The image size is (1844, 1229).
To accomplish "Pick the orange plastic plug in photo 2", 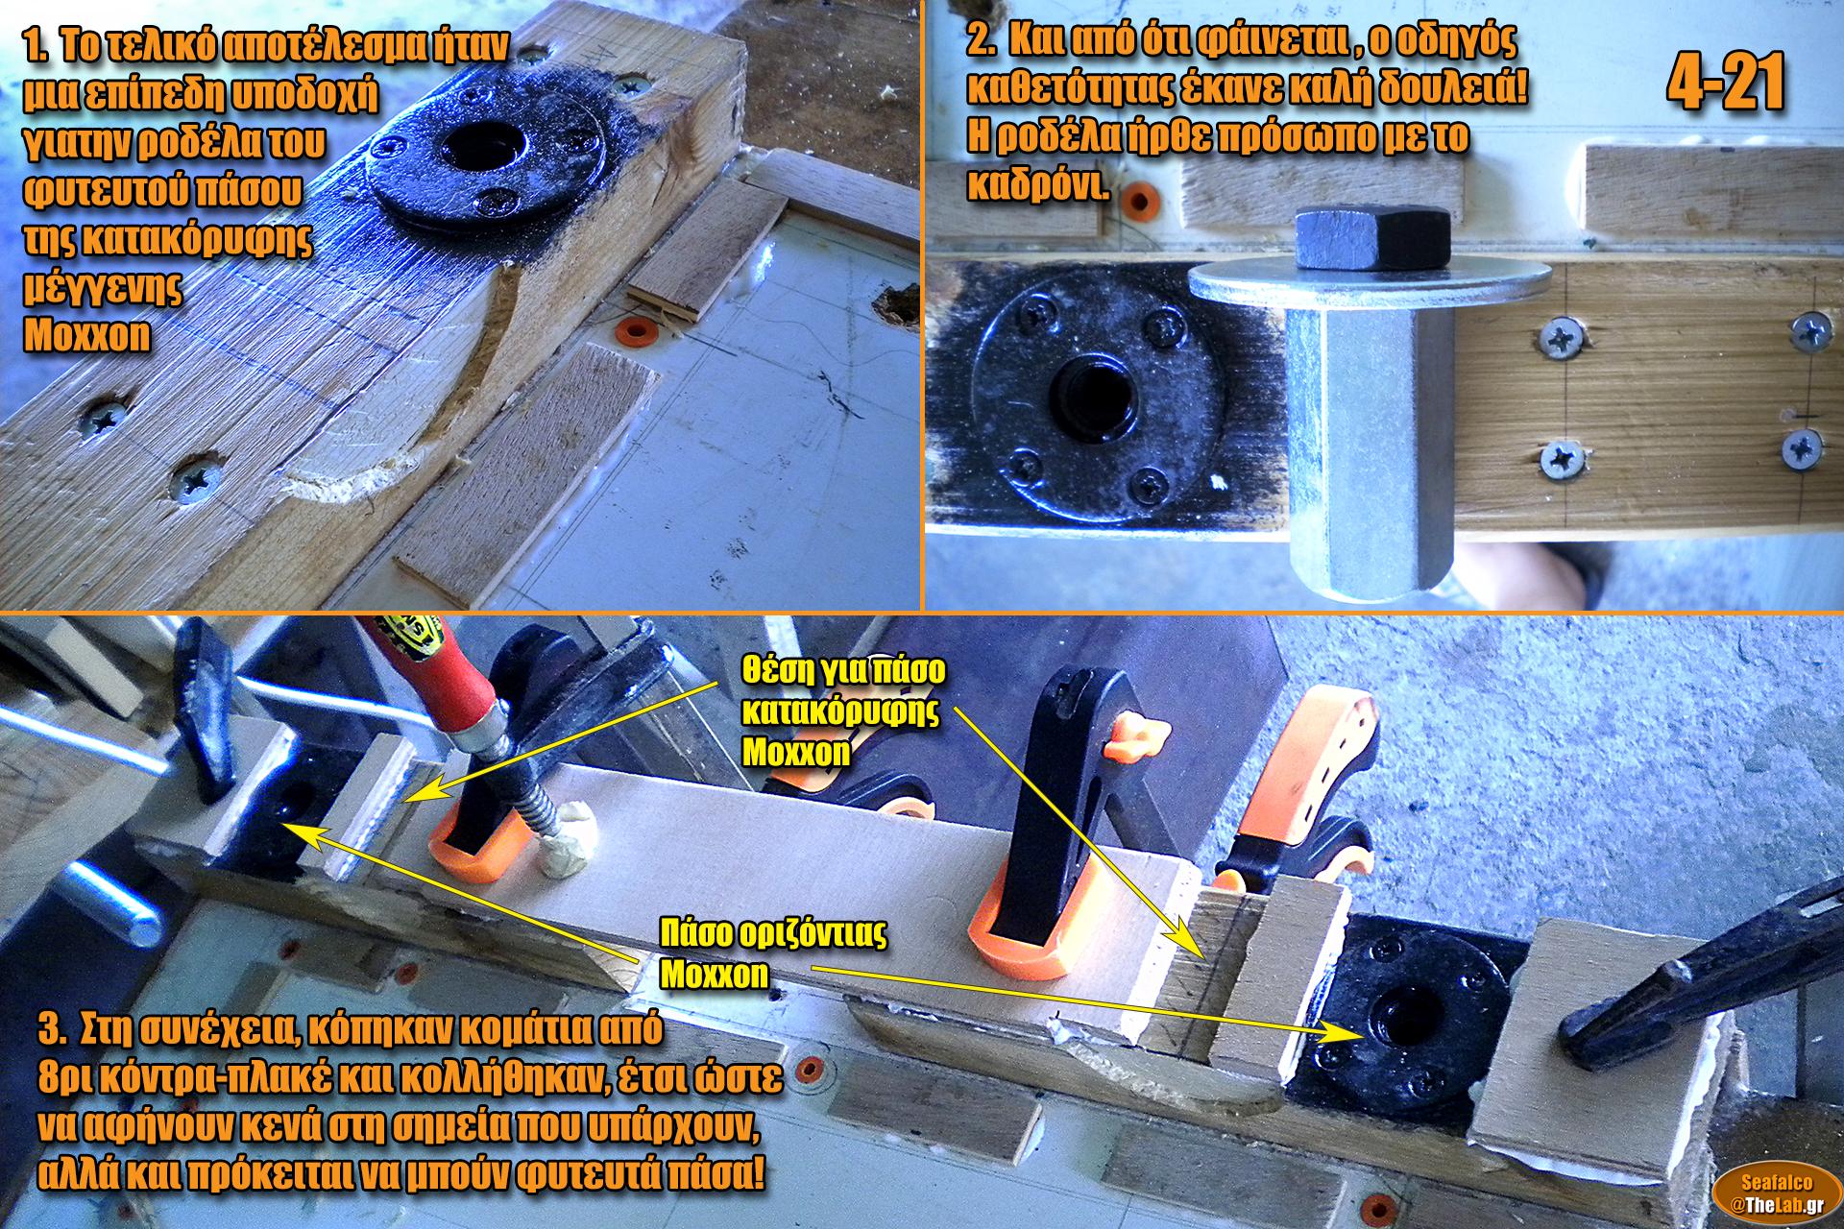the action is tap(1139, 201).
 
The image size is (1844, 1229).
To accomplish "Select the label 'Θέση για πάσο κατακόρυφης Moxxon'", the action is tap(843, 711).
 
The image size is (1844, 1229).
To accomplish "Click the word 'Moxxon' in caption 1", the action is tap(87, 335).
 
